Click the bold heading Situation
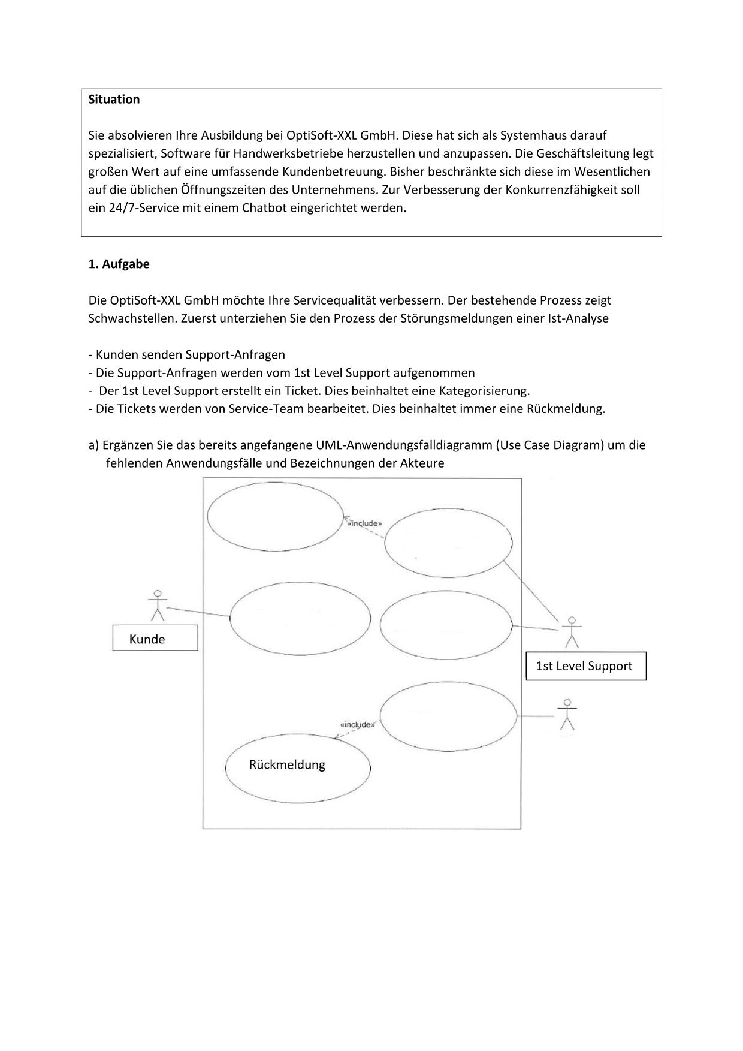pyautogui.click(x=114, y=100)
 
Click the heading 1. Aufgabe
pyautogui.click(x=119, y=264)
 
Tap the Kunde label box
pyautogui.click(x=155, y=638)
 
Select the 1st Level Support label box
pyautogui.click(x=585, y=666)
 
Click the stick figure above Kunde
pyautogui.click(x=158, y=606)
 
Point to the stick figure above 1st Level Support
pyautogui.click(x=572, y=632)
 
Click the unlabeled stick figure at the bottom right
pyautogui.click(x=567, y=715)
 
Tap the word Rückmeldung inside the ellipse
pyautogui.click(x=287, y=765)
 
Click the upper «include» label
pyautogui.click(x=365, y=523)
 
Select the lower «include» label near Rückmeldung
pyautogui.click(x=357, y=724)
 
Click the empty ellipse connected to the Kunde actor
pyautogui.click(x=300, y=618)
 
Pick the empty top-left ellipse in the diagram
pyautogui.click(x=275, y=516)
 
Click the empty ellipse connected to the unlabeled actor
pyautogui.click(x=448, y=716)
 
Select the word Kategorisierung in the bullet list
pyautogui.click(x=484, y=391)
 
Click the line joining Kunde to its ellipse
pyautogui.click(x=198, y=612)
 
